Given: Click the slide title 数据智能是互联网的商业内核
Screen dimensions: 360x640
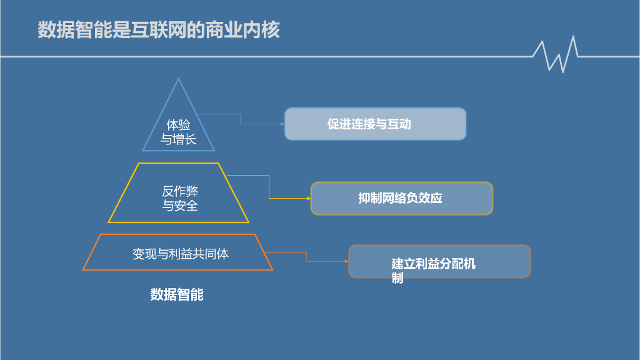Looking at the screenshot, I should pos(159,30).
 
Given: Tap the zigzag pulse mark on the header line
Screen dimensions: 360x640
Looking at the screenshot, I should pos(556,55).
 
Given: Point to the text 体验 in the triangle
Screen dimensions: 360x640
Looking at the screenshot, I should pos(178,125).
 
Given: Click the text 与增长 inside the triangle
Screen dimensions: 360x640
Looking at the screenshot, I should pos(178,139).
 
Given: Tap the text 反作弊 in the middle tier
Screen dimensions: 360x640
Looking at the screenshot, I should pos(180,191).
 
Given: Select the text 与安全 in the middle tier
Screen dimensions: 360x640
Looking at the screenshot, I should pos(180,206).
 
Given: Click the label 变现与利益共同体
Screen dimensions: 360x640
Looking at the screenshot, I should pos(180,254).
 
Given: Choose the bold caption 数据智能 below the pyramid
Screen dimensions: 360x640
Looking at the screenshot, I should pos(177,294).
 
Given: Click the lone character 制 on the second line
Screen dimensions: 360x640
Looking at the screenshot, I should pos(397,278).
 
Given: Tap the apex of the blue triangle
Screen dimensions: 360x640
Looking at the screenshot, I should pos(179,79).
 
